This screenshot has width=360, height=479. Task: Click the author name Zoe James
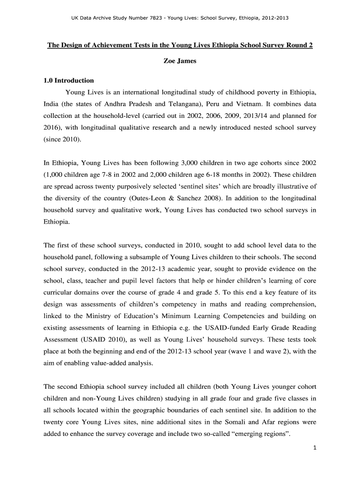pos(180,61)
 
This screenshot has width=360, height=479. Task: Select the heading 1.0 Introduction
pos(69,80)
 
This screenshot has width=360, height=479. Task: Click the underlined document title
pos(180,45)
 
